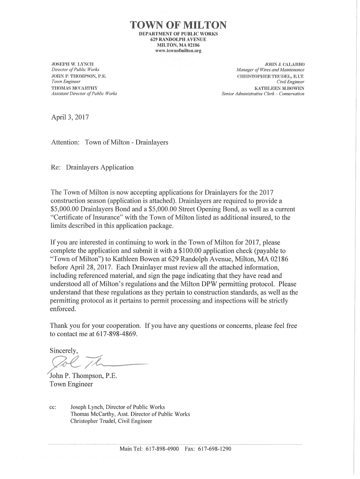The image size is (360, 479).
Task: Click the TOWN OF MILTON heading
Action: tap(180, 25)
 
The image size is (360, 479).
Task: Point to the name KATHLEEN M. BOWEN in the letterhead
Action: tap(279, 87)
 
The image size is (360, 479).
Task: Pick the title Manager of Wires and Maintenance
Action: tap(270, 69)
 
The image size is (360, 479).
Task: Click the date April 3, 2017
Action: tap(69, 118)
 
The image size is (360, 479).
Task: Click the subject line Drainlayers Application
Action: tap(100, 167)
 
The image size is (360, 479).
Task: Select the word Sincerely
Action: tap(65, 350)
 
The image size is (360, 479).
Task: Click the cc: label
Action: tap(53, 407)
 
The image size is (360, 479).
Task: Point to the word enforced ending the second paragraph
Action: tap(62, 309)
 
